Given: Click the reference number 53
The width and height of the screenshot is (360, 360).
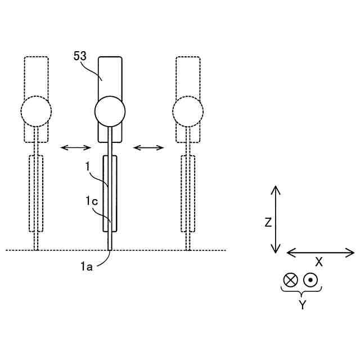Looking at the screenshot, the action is click(x=80, y=56).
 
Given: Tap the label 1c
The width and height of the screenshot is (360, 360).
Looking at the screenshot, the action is click(x=92, y=201).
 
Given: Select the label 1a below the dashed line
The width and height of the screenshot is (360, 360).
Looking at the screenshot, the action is click(x=87, y=267).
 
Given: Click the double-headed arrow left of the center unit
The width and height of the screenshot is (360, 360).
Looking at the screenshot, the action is click(x=76, y=147).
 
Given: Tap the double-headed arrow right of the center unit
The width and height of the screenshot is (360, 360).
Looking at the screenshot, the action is click(x=148, y=147).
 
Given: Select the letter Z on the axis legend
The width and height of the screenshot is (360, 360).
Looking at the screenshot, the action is click(x=268, y=223).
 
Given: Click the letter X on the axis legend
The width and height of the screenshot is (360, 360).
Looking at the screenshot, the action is click(x=319, y=262).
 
